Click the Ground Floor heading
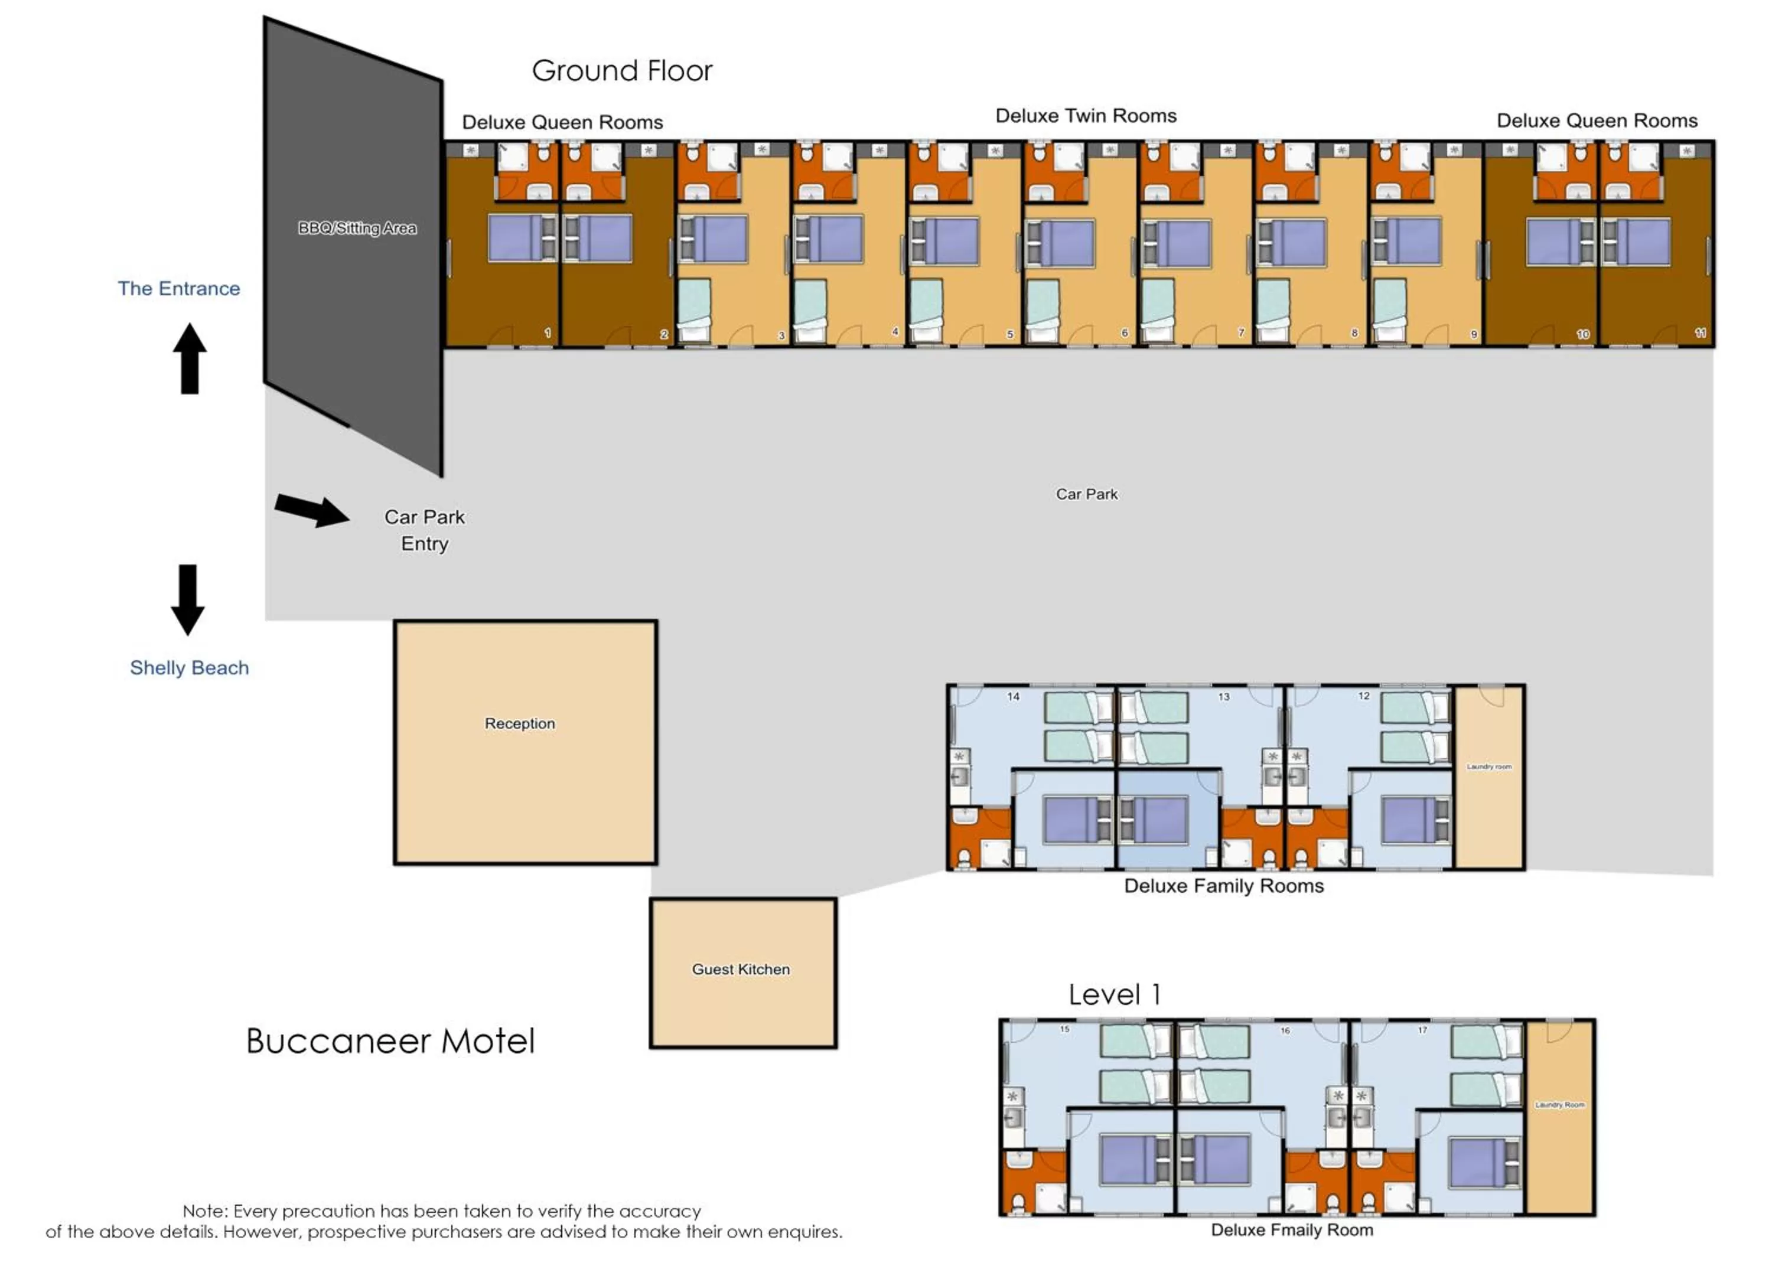pyautogui.click(x=622, y=71)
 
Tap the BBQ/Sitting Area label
pyautogui.click(x=357, y=228)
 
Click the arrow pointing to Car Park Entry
pyautogui.click(x=312, y=510)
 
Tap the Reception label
pyautogui.click(x=520, y=723)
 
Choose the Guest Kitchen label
pyautogui.click(x=741, y=969)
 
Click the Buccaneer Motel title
pyautogui.click(x=390, y=1040)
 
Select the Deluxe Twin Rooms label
pyautogui.click(x=1085, y=116)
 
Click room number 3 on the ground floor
pyautogui.click(x=781, y=335)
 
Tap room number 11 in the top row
pyautogui.click(x=1700, y=333)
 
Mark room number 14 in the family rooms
pyautogui.click(x=1014, y=696)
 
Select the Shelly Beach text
pyautogui.click(x=189, y=668)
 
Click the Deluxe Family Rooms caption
pyautogui.click(x=1223, y=886)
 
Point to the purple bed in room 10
pyautogui.click(x=1553, y=242)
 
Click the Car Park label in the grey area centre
pyautogui.click(x=1086, y=494)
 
